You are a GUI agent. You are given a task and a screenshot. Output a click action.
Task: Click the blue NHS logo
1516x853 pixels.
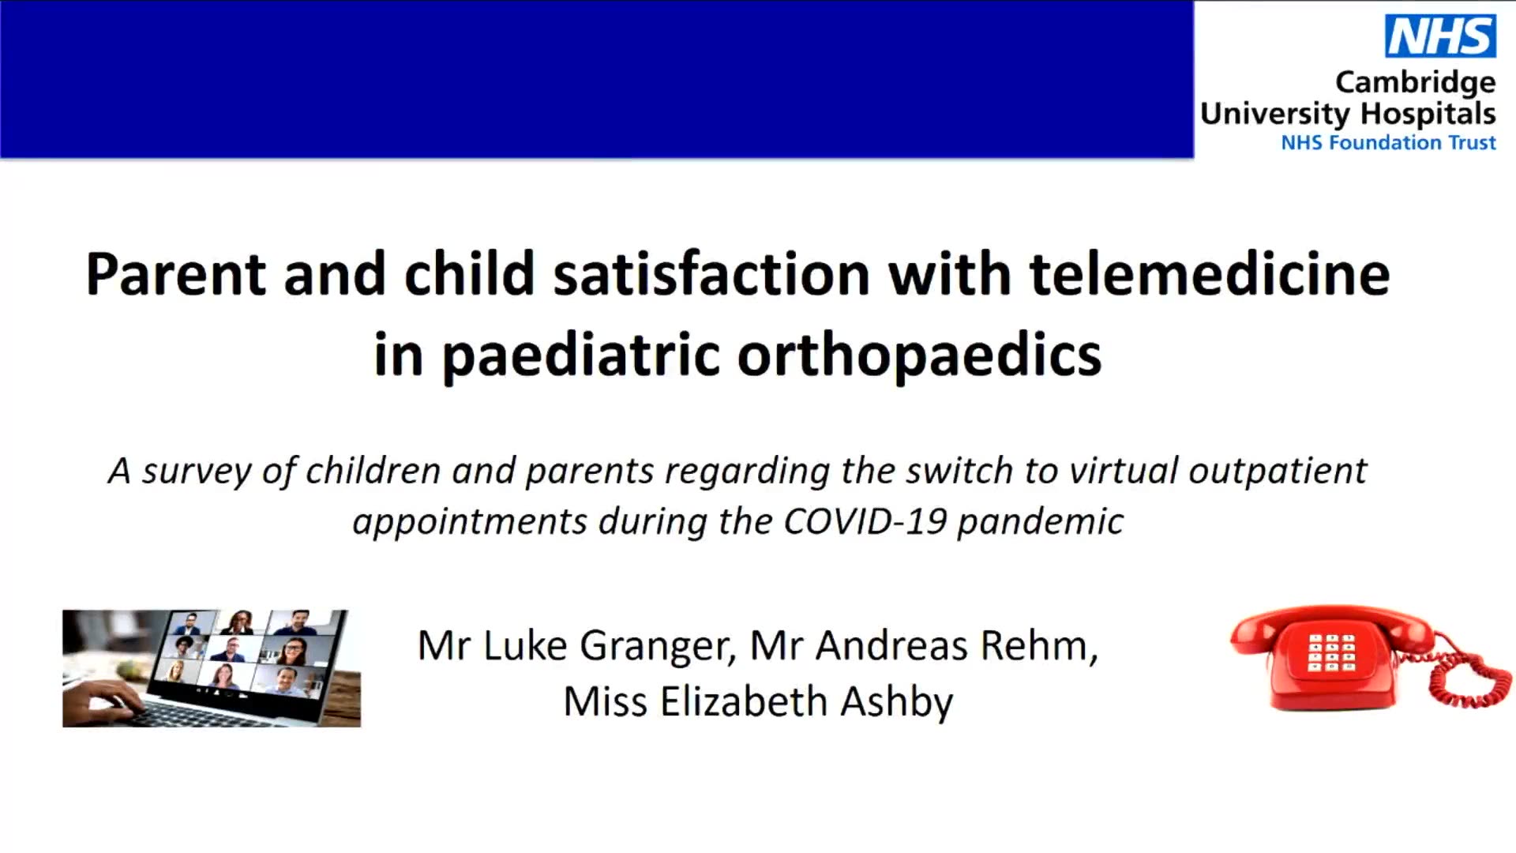pyautogui.click(x=1440, y=36)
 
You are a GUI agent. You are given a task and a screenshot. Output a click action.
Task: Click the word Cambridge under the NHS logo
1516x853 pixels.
pyautogui.click(x=1415, y=83)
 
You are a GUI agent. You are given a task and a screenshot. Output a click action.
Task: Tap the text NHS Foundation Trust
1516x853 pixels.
pyautogui.click(x=1388, y=142)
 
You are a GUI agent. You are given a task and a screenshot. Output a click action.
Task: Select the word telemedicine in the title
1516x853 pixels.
pyautogui.click(x=1209, y=274)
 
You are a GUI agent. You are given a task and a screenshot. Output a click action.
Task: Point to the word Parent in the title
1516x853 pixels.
pyautogui.click(x=176, y=274)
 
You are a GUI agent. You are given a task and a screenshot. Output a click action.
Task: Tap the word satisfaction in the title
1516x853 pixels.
pyautogui.click(x=711, y=274)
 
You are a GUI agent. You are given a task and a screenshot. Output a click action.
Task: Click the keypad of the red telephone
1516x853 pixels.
pyautogui.click(x=1331, y=652)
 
